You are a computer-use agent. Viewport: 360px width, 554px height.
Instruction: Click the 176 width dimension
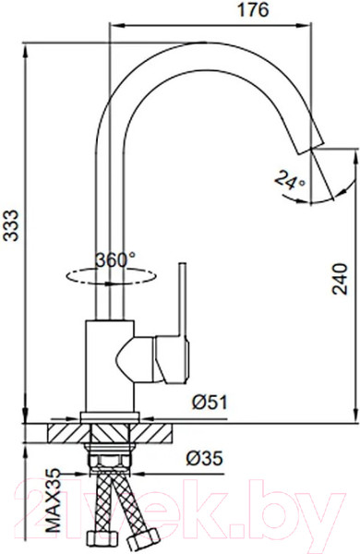pos(253,10)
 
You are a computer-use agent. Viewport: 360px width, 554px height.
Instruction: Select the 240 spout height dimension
pos(340,279)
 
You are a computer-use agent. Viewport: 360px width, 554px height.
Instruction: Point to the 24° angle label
pos(289,180)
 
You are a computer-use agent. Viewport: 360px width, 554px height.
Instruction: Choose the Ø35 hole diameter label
pos(205,459)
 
